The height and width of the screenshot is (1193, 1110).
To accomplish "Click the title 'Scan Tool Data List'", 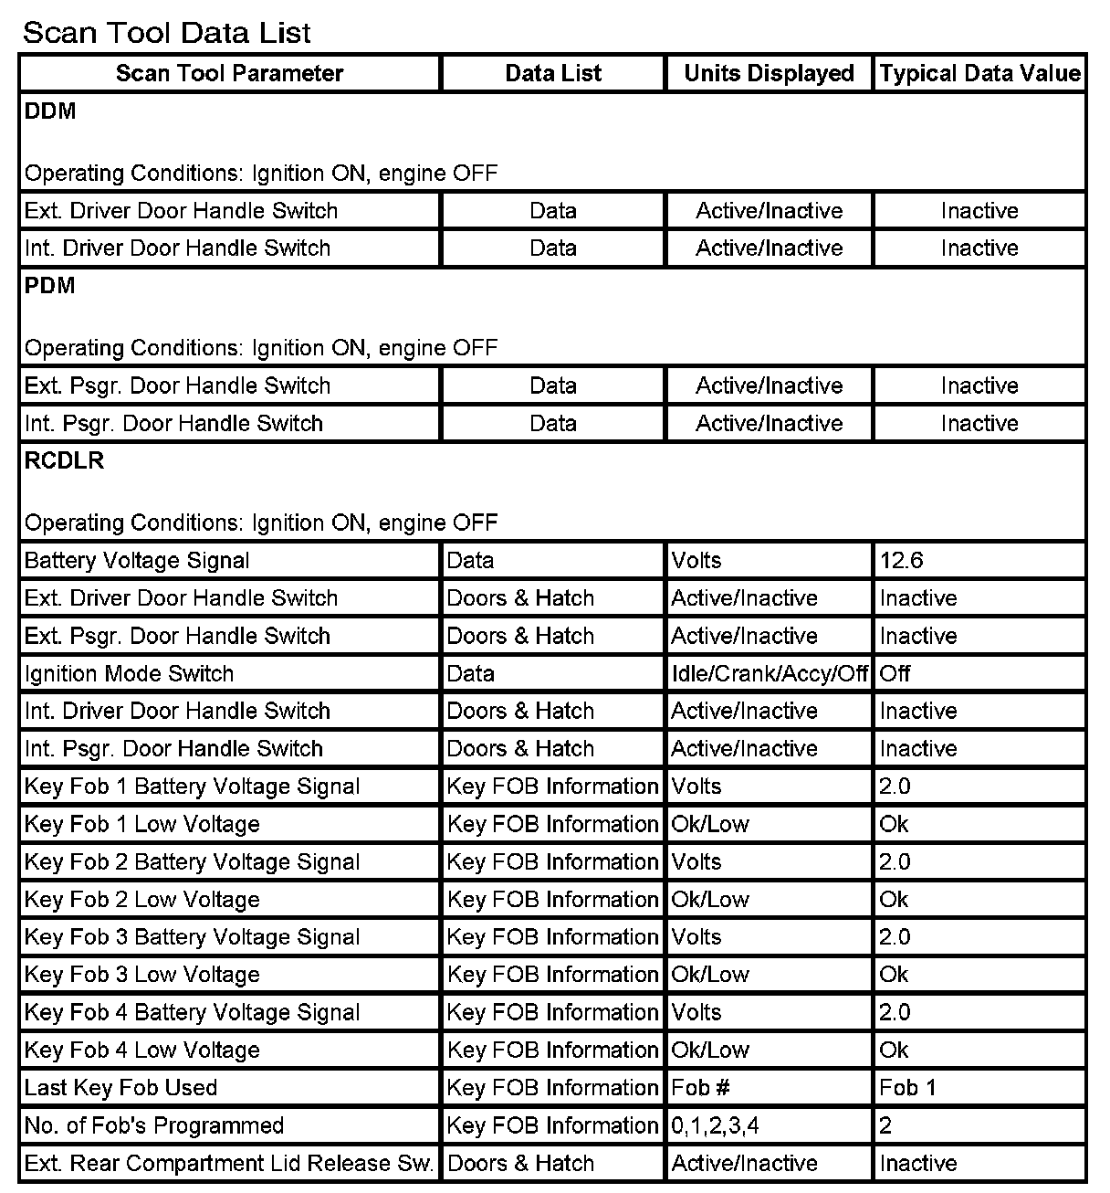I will (167, 33).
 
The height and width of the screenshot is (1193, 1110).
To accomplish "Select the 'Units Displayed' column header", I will (769, 74).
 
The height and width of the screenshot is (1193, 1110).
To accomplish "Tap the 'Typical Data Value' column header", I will (979, 74).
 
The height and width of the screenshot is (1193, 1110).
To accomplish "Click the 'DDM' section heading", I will (50, 111).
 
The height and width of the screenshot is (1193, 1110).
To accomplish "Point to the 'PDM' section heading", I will (50, 286).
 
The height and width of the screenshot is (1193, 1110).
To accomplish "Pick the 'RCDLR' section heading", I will (64, 460).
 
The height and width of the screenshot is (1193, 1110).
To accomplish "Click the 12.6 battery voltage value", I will (901, 560).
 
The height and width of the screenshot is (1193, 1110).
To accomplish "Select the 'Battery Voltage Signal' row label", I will (137, 560).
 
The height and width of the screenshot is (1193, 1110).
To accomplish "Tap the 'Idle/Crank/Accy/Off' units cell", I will (770, 673).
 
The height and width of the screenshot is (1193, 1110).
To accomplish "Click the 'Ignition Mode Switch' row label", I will (129, 673).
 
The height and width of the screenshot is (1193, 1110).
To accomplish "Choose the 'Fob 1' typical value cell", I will (907, 1087).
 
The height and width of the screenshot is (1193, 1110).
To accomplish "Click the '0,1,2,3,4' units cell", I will (715, 1125).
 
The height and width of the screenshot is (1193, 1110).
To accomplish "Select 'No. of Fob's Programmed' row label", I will (154, 1125).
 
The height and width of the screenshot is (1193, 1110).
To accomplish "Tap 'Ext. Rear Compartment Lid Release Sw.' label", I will (228, 1163).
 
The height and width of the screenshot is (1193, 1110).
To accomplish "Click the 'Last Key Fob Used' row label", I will (120, 1087).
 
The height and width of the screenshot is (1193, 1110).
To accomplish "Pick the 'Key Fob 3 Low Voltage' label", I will (141, 975).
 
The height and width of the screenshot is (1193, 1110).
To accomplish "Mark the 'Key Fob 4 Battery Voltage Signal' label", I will (192, 1012).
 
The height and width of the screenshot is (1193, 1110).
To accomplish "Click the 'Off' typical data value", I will (895, 673).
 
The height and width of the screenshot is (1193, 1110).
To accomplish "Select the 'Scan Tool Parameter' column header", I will (229, 74).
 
